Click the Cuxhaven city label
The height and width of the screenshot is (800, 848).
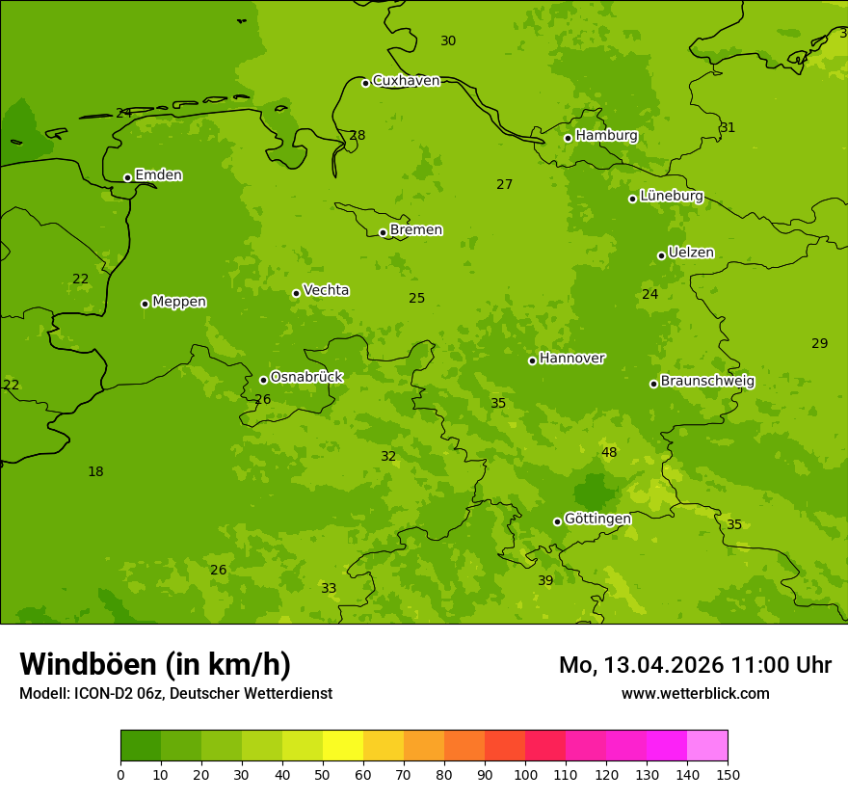click(406, 81)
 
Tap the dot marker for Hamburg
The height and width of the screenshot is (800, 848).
click(569, 138)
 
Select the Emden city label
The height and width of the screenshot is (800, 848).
click(158, 175)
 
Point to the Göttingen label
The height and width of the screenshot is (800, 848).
click(597, 520)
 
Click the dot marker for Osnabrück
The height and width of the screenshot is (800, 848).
click(263, 380)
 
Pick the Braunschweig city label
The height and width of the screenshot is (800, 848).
click(707, 382)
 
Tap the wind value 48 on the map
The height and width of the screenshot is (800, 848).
click(609, 453)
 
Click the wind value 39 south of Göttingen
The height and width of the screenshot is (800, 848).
click(545, 581)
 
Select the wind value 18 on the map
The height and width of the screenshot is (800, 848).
click(95, 472)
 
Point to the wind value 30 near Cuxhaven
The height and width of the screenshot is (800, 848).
click(448, 41)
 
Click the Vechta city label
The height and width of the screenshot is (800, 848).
click(326, 290)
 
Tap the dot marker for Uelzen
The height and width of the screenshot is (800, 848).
click(661, 255)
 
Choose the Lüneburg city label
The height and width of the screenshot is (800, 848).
click(671, 196)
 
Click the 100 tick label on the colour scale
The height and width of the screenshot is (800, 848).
click(525, 774)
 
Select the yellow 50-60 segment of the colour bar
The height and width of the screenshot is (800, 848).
click(343, 746)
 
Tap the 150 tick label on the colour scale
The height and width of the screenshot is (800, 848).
click(728, 774)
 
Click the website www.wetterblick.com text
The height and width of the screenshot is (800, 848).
click(695, 694)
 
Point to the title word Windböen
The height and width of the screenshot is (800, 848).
click(88, 665)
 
